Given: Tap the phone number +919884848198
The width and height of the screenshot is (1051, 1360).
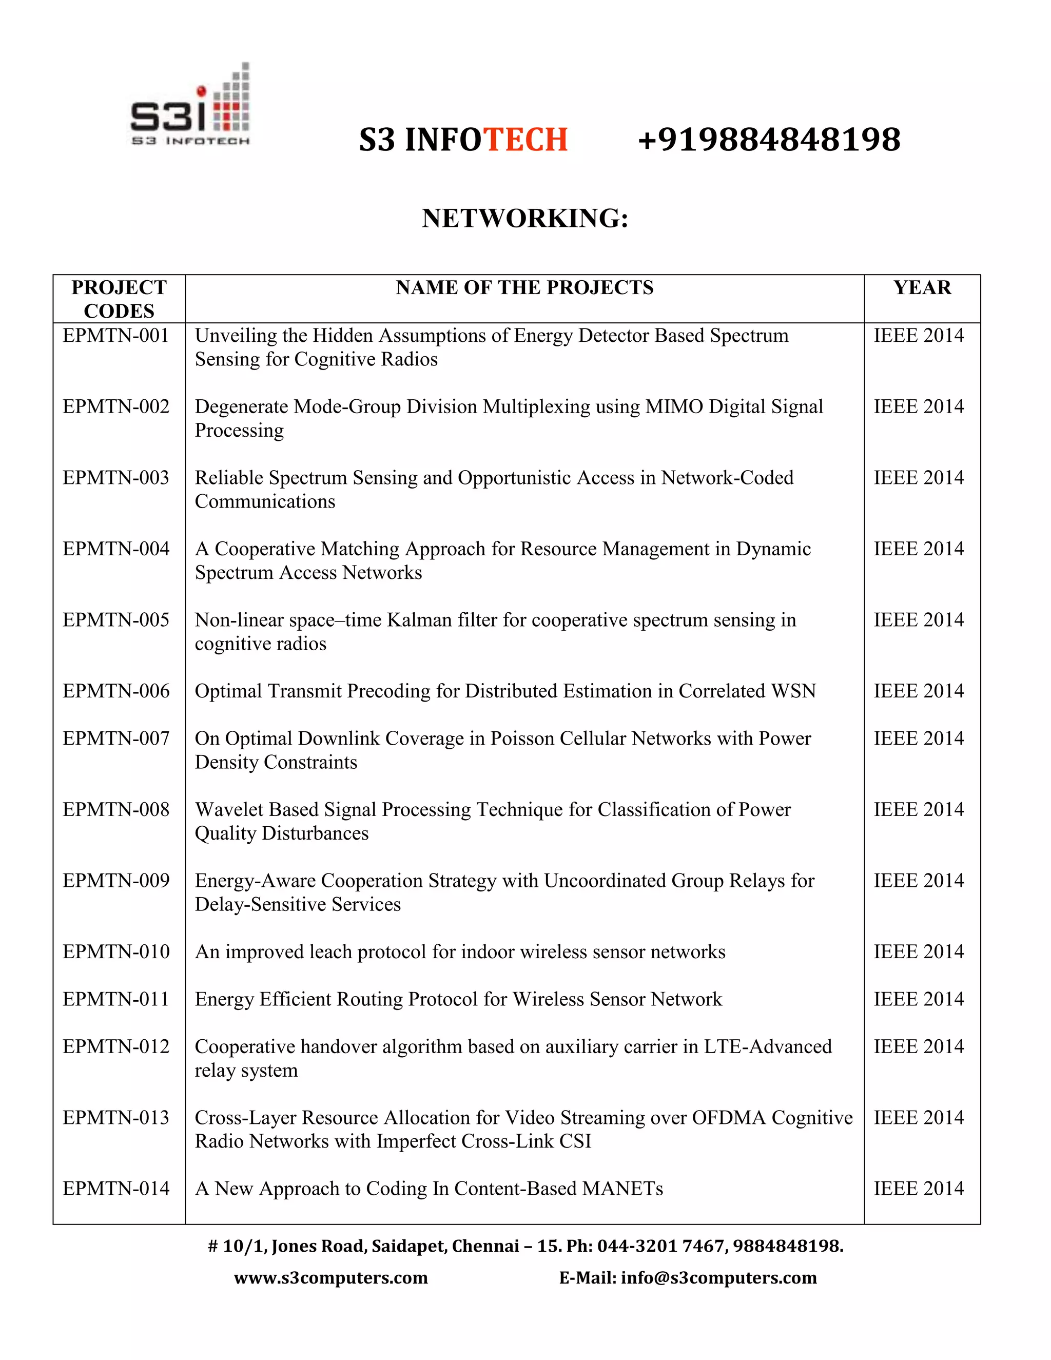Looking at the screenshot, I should coord(769,140).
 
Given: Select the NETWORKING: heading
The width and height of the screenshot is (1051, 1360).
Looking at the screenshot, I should coord(525,219).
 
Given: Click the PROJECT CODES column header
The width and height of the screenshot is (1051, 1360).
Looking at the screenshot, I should coord(119,299).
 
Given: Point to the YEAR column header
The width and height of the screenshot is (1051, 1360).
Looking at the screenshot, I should coord(922,288).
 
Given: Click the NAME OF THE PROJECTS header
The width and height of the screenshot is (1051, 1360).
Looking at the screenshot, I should coord(524,288).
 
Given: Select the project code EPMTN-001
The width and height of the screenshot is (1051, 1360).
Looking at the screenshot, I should coord(116,336).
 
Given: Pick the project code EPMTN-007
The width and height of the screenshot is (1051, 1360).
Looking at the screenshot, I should coord(116,739).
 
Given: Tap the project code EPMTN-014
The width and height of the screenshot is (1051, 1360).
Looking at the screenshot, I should coord(116,1189).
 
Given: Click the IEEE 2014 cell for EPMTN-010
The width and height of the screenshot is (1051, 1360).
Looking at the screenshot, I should coord(919,951).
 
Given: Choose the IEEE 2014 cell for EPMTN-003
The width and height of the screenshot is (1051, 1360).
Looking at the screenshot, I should coord(919,478).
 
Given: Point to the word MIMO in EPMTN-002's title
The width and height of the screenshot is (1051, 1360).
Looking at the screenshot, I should coord(673,406).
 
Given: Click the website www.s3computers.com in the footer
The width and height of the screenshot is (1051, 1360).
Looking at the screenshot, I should coord(330,1278).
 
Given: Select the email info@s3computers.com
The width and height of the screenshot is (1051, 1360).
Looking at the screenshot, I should coord(718,1278).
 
